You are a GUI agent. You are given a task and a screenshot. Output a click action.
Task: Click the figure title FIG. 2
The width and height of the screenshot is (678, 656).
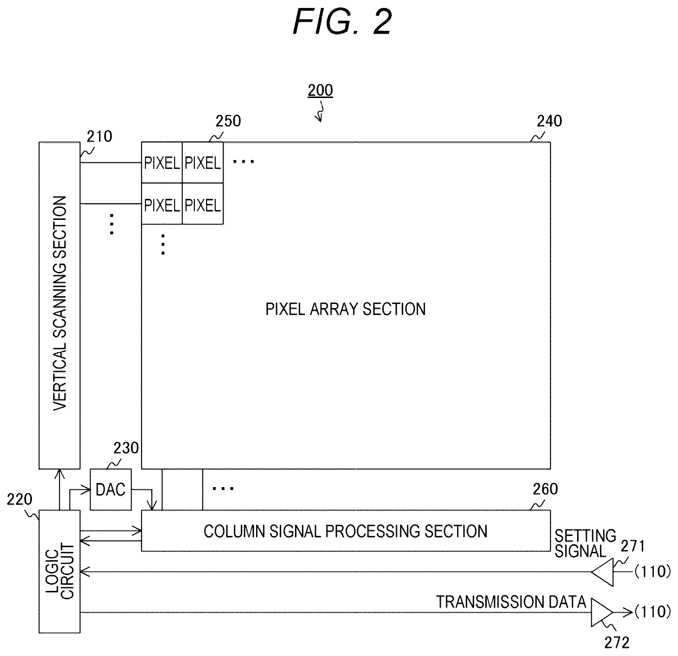click(x=342, y=22)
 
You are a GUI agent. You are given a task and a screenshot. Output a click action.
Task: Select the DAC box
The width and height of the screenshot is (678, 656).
click(x=111, y=490)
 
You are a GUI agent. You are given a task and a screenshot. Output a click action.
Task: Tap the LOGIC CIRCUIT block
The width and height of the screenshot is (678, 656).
click(x=59, y=572)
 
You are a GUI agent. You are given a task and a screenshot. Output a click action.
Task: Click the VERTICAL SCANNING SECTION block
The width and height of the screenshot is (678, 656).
click(x=59, y=305)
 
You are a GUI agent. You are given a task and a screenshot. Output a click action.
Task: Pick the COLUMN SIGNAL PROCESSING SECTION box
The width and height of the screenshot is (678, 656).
click(x=346, y=531)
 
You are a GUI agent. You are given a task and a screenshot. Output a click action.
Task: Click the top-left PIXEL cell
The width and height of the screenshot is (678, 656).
click(x=162, y=162)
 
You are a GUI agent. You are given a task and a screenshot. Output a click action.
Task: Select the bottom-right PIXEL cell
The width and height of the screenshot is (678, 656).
click(x=202, y=204)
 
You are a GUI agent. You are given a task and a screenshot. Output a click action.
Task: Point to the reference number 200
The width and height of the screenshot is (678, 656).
click(x=320, y=90)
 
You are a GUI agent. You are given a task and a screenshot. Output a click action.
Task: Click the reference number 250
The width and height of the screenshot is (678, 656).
click(x=228, y=121)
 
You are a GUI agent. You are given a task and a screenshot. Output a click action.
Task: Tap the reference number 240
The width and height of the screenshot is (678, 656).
click(x=549, y=121)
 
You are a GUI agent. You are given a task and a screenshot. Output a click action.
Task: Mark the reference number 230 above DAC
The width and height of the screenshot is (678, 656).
click(x=126, y=448)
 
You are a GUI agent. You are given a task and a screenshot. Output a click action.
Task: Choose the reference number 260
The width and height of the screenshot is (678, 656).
click(x=545, y=489)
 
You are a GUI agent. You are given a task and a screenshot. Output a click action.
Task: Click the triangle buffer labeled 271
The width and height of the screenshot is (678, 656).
click(x=603, y=572)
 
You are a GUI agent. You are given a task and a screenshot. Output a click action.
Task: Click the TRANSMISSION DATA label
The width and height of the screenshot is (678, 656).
click(x=511, y=602)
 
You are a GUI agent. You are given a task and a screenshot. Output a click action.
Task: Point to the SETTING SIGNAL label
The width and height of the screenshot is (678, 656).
click(x=585, y=543)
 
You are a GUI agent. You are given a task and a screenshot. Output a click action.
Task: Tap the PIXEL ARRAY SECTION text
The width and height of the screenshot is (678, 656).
click(x=346, y=309)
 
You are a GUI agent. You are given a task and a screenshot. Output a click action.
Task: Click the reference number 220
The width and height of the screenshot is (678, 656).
click(x=20, y=499)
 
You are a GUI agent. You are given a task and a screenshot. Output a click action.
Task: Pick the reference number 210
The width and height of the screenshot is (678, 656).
click(x=100, y=137)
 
